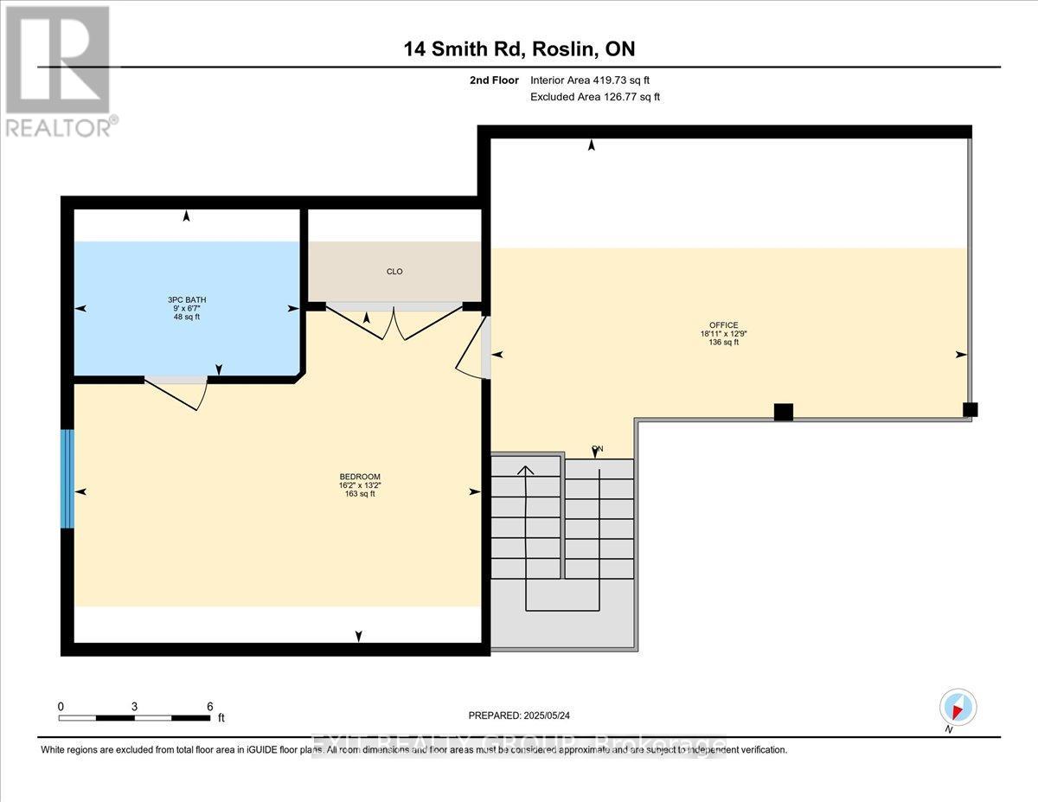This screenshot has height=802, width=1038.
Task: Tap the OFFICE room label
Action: tap(723, 325)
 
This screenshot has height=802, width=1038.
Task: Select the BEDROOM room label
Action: tap(360, 477)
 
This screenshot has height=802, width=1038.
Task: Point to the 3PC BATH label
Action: tap(187, 300)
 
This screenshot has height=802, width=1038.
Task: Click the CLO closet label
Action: tap(394, 272)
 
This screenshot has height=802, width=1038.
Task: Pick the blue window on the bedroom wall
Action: tap(67, 478)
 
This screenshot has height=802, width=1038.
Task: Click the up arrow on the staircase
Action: tap(525, 472)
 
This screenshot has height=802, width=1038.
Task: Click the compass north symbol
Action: tap(958, 708)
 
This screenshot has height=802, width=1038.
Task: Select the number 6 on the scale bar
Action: tap(210, 706)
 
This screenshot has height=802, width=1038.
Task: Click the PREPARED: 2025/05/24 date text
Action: tap(518, 715)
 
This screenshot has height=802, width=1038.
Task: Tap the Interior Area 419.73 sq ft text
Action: tap(590, 80)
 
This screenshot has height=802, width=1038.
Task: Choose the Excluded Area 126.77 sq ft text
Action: tap(595, 97)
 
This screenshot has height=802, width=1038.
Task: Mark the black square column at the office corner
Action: tap(971, 410)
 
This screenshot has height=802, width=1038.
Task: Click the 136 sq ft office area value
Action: tap(723, 343)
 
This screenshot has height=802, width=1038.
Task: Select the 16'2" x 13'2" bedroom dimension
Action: tap(360, 485)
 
